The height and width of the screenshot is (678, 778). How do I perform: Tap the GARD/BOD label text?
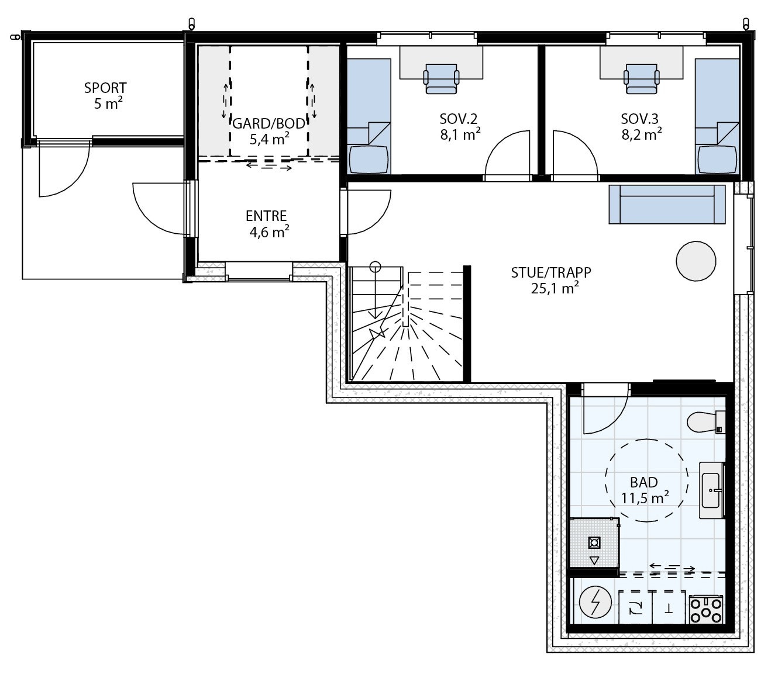[269, 130]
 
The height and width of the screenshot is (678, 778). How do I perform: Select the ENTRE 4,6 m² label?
[267, 224]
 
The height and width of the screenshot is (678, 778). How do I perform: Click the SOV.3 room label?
[642, 126]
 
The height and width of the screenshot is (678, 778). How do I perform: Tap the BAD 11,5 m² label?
[644, 490]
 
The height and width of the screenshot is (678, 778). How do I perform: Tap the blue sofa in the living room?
[667, 204]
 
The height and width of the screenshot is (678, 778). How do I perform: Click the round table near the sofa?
[696, 261]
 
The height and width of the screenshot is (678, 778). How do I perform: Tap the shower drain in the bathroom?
[594, 543]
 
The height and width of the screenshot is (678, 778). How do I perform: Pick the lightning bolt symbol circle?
[595, 602]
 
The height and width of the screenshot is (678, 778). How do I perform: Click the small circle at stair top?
[375, 267]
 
